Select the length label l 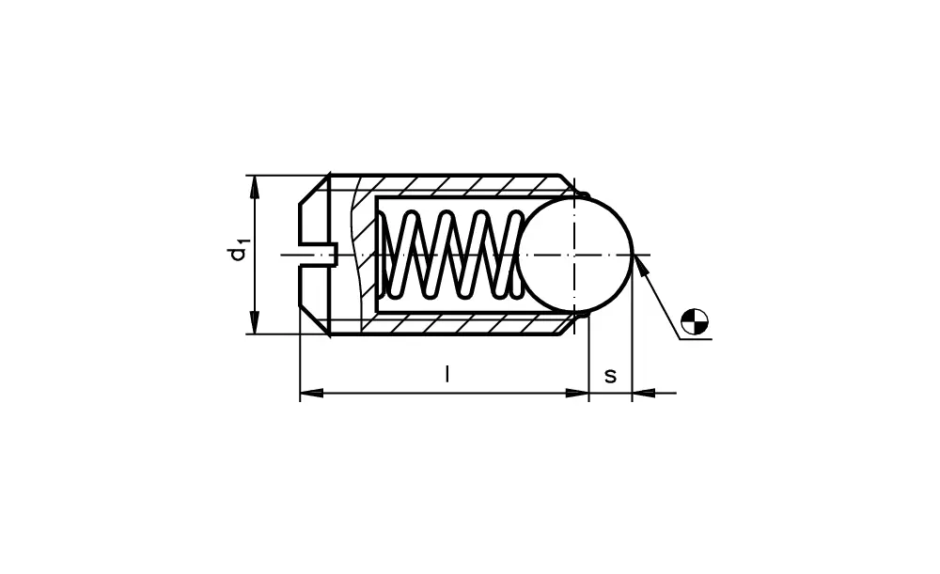coord(447,375)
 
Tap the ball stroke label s coord(610,376)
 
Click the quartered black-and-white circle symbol coord(694,321)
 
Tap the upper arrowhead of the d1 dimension coord(254,185)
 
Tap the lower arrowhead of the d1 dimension coord(254,323)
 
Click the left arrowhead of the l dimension coord(310,393)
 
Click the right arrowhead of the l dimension coord(577,393)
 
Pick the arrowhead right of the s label coord(643,393)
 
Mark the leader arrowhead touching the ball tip coord(640,265)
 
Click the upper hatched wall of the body coord(451,185)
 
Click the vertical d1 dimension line coord(254,282)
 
